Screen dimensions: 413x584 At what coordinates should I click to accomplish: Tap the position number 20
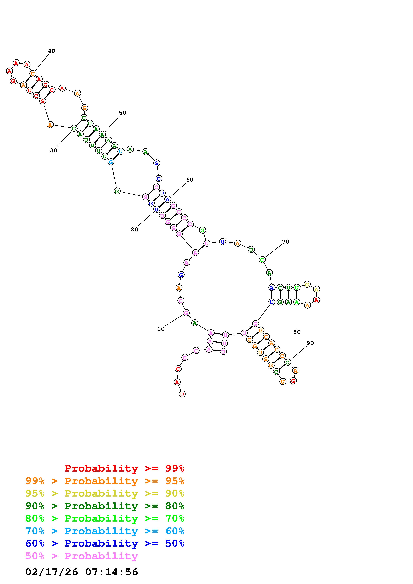click(134, 229)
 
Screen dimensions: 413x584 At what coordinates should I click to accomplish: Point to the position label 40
click(51, 51)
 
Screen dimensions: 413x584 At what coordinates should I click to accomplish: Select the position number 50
click(123, 113)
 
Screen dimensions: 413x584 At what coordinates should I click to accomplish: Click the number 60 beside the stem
click(190, 180)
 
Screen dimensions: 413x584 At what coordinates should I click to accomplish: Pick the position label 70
click(286, 242)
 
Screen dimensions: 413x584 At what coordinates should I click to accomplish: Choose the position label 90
click(310, 343)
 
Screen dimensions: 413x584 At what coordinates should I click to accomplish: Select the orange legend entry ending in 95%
click(105, 481)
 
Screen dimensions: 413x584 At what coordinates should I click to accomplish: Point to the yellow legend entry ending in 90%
click(105, 493)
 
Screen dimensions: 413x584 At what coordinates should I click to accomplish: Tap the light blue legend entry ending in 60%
click(105, 531)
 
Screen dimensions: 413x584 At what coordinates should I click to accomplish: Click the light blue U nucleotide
click(121, 151)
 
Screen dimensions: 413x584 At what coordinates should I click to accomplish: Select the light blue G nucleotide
click(111, 162)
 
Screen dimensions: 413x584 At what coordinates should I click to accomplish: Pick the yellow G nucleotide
click(307, 284)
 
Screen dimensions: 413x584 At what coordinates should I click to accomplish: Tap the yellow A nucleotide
click(316, 289)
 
